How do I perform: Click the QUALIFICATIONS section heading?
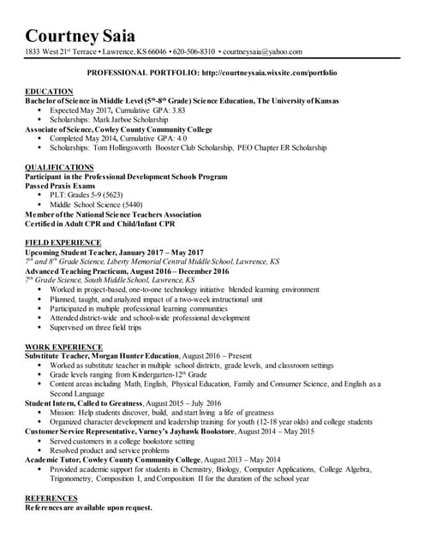[x=59, y=167]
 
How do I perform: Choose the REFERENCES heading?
[x=51, y=497]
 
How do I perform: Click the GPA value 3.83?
[x=176, y=110]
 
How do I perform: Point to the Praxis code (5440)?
[x=132, y=205]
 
